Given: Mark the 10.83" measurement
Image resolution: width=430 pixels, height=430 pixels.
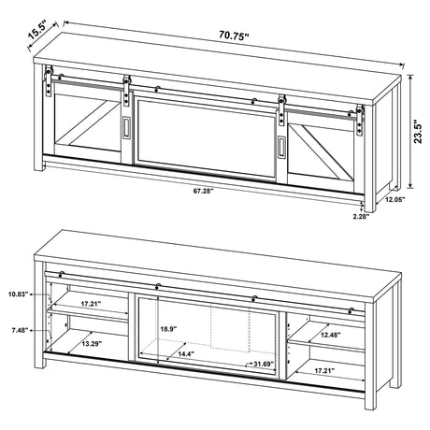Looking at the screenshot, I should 16,294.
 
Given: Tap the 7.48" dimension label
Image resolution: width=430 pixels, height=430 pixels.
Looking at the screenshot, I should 16,329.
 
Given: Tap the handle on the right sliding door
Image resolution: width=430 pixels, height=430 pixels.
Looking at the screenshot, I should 280,144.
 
